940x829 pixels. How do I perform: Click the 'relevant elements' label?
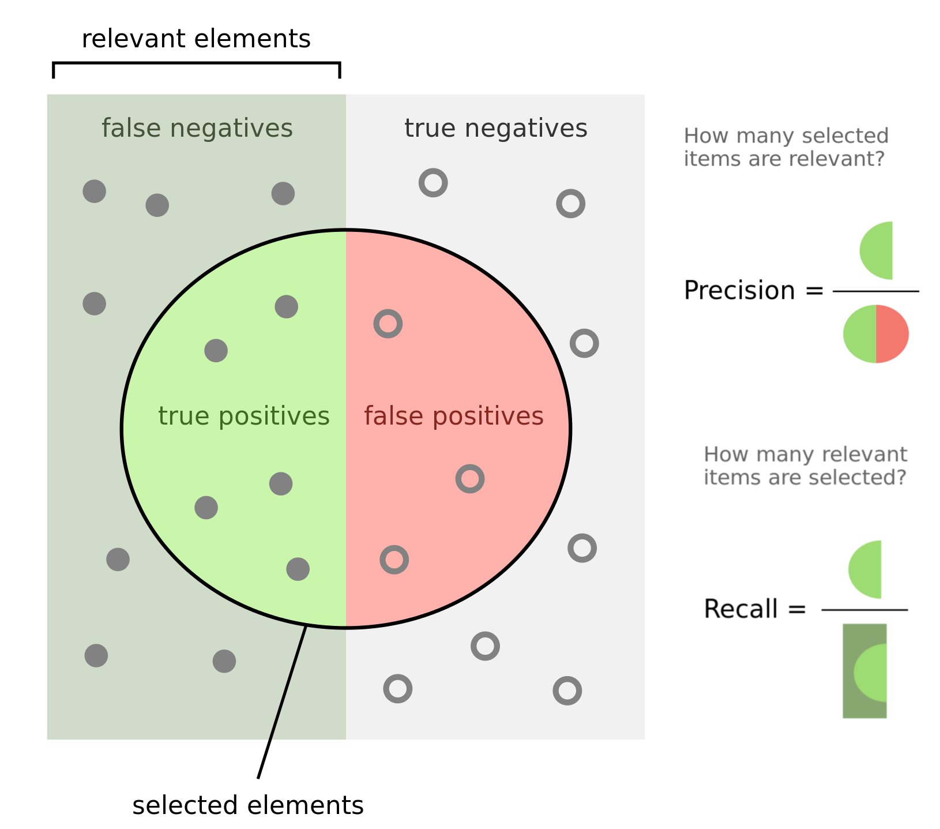pos(196,39)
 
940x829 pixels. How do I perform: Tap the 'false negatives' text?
pos(197,128)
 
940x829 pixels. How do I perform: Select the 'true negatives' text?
pos(496,128)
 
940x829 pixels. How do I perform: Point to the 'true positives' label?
pos(244,416)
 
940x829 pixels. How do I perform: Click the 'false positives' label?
pos(454,416)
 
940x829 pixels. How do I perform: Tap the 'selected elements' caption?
pos(248,805)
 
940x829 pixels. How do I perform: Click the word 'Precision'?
pos(739,290)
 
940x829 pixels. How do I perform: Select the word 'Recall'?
pos(741,609)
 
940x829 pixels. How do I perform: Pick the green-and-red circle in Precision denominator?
pos(876,334)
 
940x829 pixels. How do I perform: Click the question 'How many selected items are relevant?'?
pos(786,147)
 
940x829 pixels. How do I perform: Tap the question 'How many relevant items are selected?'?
pos(806,466)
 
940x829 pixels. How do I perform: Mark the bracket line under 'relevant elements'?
pos(196,63)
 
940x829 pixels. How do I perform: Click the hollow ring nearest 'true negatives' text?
pos(433,183)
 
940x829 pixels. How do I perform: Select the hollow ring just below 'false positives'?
pos(470,479)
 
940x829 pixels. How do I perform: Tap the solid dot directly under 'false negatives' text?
pos(157,205)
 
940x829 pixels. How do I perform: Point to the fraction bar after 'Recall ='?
pos(864,610)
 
